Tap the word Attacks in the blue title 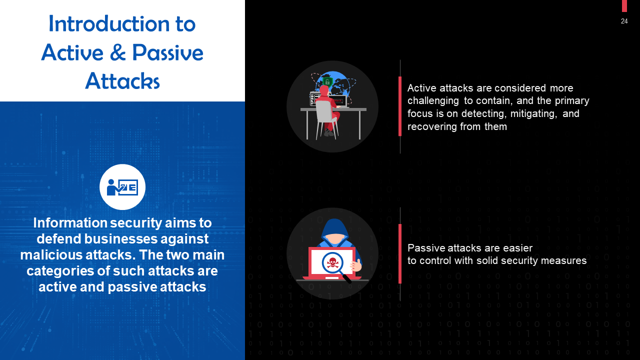click(122, 80)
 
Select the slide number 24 click(624, 21)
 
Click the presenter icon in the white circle click(122, 187)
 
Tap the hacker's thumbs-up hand click(356, 265)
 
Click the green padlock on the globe click(327, 81)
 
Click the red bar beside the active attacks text click(400, 106)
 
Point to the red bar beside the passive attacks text click(400, 253)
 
